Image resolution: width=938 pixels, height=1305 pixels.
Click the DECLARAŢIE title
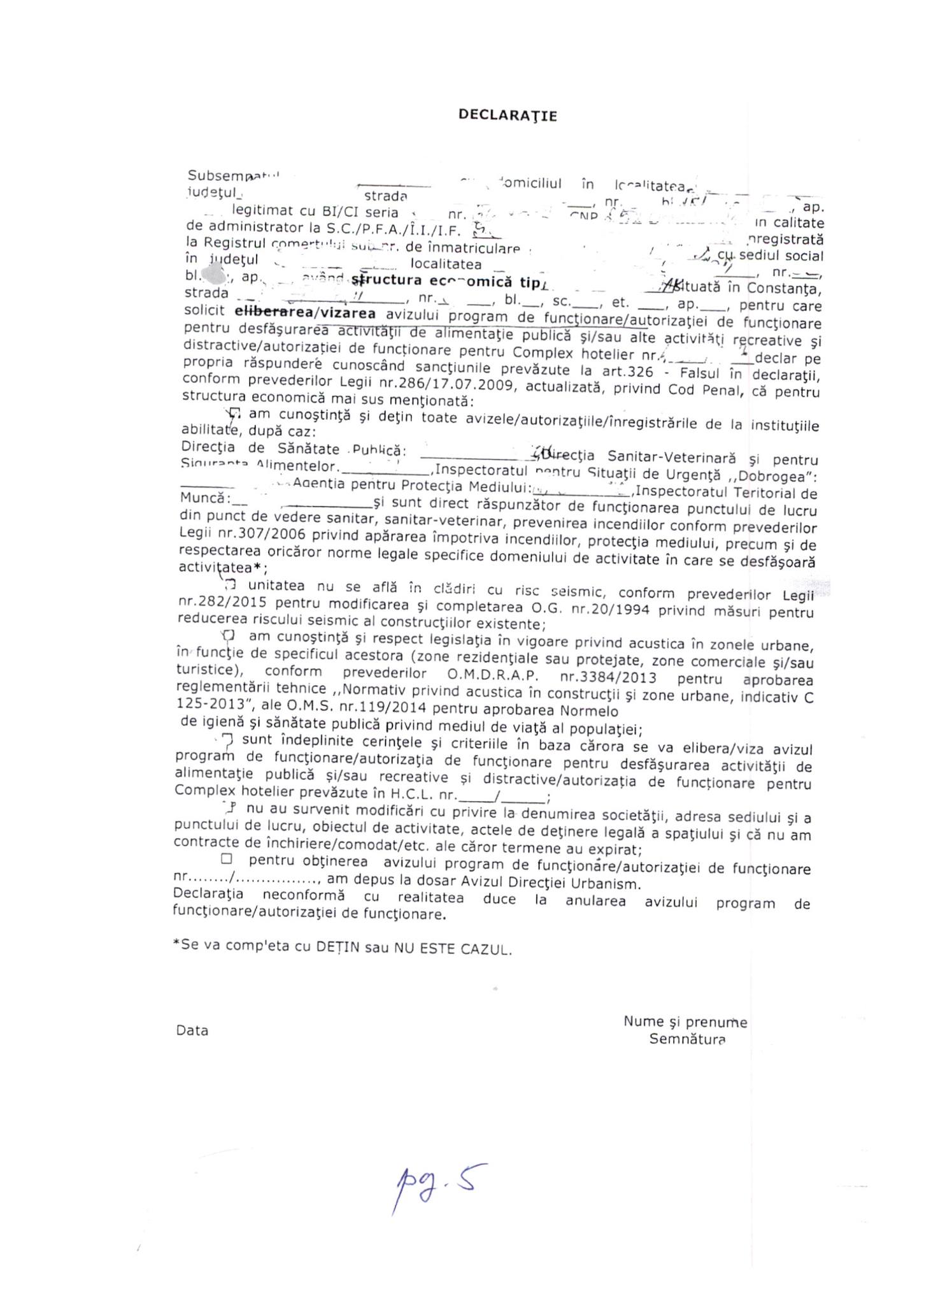(x=508, y=115)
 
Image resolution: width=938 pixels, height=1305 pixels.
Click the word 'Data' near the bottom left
(x=192, y=1030)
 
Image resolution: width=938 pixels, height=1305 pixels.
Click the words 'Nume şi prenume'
(x=685, y=1022)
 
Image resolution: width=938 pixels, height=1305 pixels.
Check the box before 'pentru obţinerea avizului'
(x=227, y=859)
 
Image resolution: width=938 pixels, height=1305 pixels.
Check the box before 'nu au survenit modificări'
(x=230, y=807)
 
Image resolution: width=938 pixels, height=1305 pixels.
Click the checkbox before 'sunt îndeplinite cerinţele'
(x=229, y=740)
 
